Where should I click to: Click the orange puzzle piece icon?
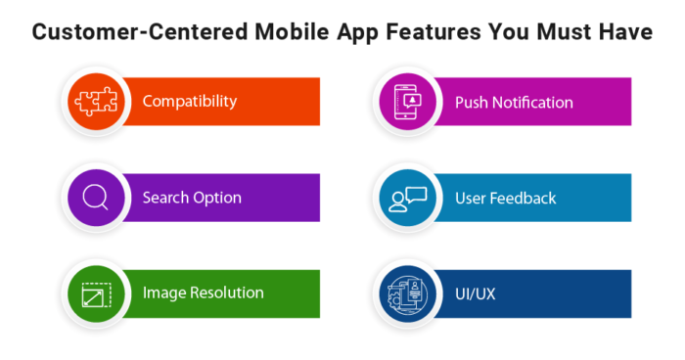click(95, 101)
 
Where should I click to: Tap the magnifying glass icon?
click(95, 198)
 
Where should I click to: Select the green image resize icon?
click(95, 292)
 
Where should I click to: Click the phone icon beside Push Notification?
click(407, 101)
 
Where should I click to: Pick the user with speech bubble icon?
click(407, 198)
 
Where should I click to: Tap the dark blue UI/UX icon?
click(407, 292)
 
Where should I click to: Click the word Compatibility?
click(190, 102)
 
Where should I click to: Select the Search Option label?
click(192, 198)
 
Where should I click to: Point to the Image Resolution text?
click(203, 292)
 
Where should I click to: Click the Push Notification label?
click(514, 102)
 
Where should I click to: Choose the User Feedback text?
click(505, 198)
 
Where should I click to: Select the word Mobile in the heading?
click(283, 33)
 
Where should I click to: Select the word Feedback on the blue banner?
click(524, 198)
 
